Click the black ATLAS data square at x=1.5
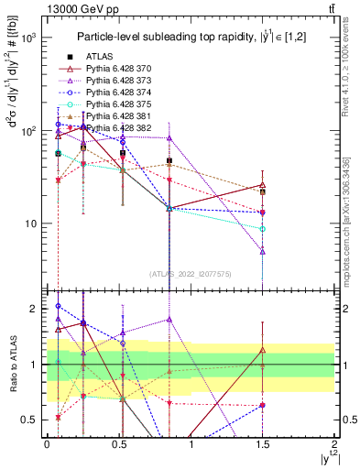[263, 191]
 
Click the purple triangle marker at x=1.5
[263, 250]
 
